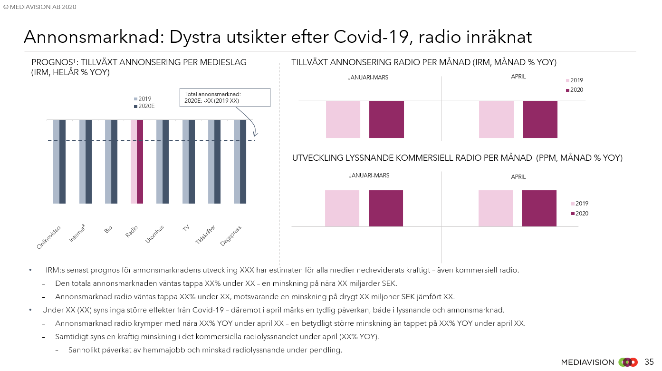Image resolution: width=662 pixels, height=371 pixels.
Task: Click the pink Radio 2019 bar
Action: click(x=134, y=162)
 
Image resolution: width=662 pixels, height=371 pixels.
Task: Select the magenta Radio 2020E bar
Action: click(x=140, y=162)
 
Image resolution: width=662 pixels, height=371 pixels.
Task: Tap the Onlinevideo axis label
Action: click(x=49, y=237)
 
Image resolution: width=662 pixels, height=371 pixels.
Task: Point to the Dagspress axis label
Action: click(x=231, y=235)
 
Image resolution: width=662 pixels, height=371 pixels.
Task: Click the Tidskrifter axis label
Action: click(x=206, y=235)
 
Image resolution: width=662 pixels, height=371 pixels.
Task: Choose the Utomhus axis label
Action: click(x=155, y=234)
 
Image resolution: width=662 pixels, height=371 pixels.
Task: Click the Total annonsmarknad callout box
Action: click(x=225, y=97)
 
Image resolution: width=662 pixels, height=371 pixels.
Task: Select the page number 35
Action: click(x=649, y=362)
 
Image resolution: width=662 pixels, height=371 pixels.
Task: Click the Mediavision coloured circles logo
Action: click(x=628, y=362)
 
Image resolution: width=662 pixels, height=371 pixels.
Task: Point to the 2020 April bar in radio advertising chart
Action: click(x=540, y=119)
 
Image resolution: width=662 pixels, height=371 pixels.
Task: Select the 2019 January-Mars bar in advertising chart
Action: click(x=343, y=119)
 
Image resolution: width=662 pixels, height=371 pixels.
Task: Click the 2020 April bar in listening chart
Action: click(x=539, y=208)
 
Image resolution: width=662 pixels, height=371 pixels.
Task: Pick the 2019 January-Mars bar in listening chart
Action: click(x=342, y=208)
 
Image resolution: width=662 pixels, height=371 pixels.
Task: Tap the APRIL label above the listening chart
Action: click(x=518, y=177)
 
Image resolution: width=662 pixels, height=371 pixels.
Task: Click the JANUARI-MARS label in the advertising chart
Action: click(x=368, y=78)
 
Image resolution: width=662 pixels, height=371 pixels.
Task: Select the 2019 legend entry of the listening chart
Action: click(x=579, y=204)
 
